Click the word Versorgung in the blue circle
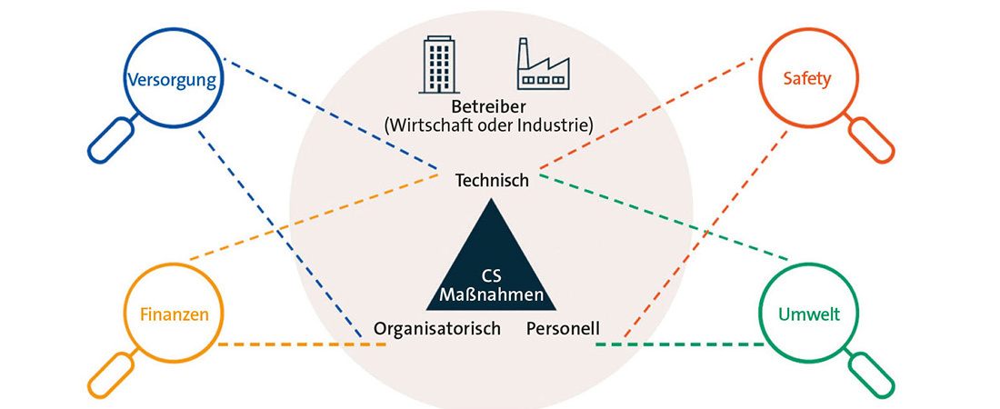(172, 79)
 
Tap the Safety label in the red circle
(807, 79)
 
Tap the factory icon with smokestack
(542, 65)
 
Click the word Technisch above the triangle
(492, 181)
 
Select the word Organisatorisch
(437, 328)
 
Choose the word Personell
(563, 328)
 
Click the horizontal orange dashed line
(300, 344)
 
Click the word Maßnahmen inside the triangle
(492, 295)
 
